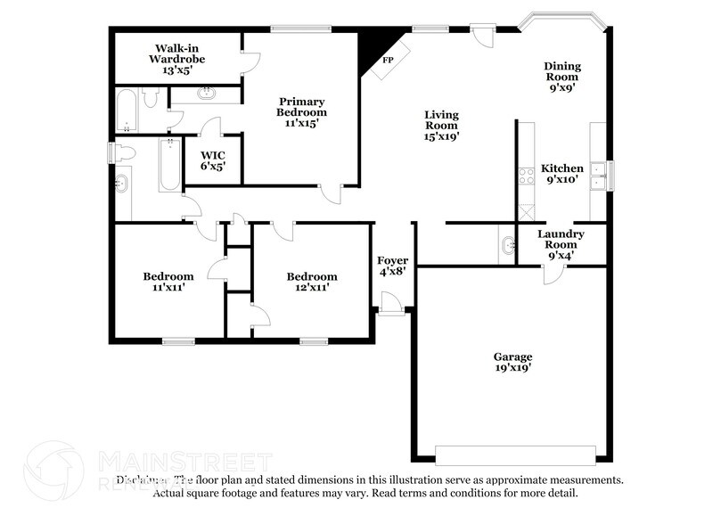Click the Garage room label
click(x=513, y=361)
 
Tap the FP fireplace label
click(x=388, y=61)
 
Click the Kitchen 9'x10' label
click(x=562, y=173)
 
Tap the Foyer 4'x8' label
click(x=392, y=266)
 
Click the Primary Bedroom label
click(x=301, y=112)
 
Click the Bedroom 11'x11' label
click(x=168, y=282)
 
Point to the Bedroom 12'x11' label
click(x=311, y=282)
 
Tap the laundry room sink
click(x=508, y=245)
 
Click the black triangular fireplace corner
click(x=367, y=48)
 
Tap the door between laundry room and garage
click(x=553, y=274)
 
